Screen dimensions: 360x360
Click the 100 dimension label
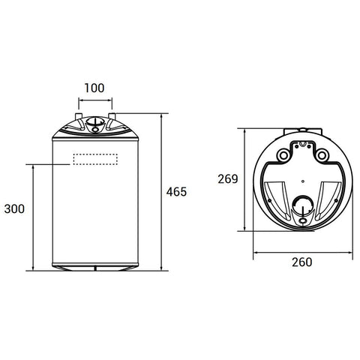(94, 88)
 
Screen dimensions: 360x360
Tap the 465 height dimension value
(176, 192)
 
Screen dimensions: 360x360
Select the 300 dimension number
(14, 209)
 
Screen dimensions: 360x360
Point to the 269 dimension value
(228, 179)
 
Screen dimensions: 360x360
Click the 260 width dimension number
(302, 262)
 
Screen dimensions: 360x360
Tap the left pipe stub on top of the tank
(79, 116)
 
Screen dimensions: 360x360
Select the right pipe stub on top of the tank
(112, 116)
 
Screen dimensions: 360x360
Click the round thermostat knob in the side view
(95, 121)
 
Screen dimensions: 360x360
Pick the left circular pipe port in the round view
(283, 155)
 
